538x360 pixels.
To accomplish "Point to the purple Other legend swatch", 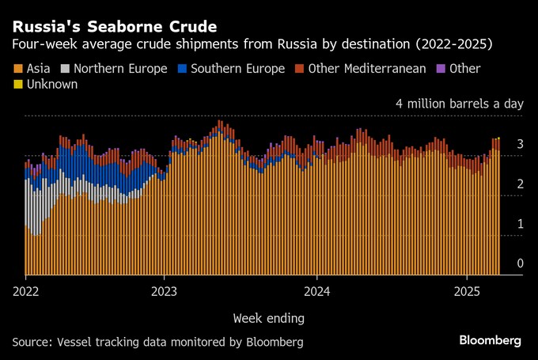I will click(441, 69).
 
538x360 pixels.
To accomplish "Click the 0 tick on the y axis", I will click(520, 263).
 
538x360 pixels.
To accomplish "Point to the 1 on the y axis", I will click(520, 224).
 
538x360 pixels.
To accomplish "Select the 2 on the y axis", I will click(520, 184).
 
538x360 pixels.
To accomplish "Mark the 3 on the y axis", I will click(520, 145).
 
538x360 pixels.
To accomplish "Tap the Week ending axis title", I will click(268, 318).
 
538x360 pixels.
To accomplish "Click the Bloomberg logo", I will click(490, 340).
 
